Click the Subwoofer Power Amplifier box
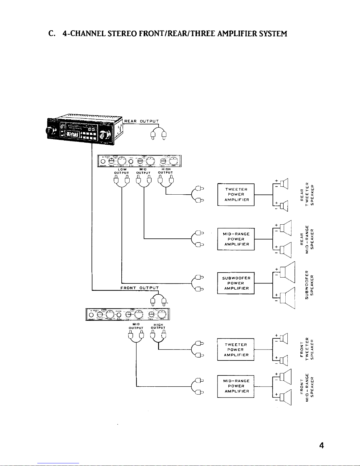tap(236, 283)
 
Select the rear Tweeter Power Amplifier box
tap(236, 194)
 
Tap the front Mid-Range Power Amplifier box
tap(236, 386)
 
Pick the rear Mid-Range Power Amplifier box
tap(236, 239)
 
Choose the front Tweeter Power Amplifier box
tap(236, 350)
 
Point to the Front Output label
tap(140, 288)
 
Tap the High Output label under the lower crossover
tap(158, 326)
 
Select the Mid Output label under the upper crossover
tap(143, 171)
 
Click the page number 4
tap(322, 446)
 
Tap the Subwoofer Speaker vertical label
tap(310, 284)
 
